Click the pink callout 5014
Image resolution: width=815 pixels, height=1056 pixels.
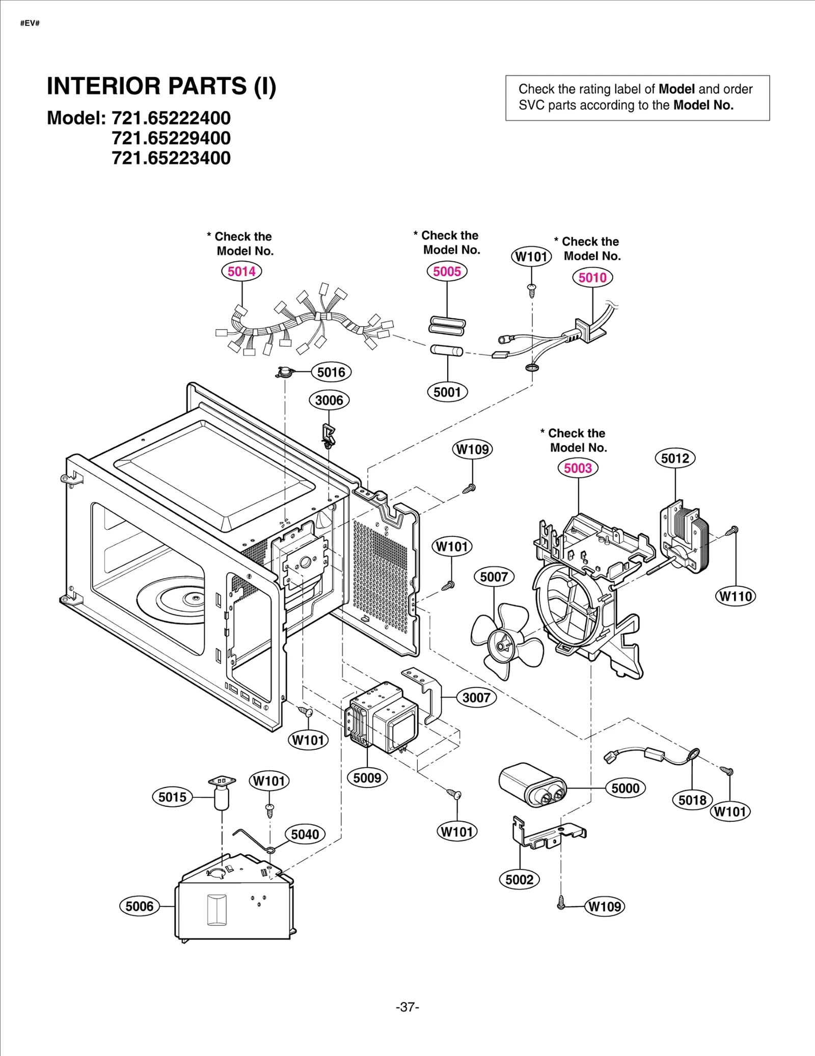point(241,271)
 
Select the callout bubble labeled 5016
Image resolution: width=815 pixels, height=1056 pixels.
point(331,372)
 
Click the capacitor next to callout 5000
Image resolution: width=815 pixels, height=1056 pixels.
point(532,785)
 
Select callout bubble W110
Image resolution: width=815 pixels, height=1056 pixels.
point(736,596)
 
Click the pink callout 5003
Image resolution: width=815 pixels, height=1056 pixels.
point(578,468)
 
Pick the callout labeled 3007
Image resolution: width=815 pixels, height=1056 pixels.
point(476,697)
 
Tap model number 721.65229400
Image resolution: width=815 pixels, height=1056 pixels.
point(171,138)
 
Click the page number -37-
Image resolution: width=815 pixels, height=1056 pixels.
point(407,1007)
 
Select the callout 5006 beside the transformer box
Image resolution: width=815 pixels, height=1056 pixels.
point(139,906)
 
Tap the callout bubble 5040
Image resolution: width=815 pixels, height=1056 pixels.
point(305,834)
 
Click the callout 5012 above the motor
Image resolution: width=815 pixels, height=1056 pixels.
point(675,458)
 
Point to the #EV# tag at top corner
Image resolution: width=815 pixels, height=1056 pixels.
point(30,23)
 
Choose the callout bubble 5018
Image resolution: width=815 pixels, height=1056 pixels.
point(692,800)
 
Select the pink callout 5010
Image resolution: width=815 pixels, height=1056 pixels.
point(592,278)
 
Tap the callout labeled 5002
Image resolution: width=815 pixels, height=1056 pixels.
point(519,879)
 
